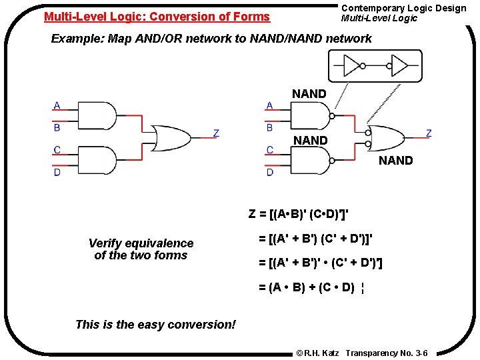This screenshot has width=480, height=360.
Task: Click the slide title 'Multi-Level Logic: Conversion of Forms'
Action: [x=157, y=17]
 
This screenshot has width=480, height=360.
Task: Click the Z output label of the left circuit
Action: [x=215, y=133]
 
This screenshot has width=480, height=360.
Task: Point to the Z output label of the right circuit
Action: [x=428, y=133]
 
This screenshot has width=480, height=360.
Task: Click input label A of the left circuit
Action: [x=57, y=105]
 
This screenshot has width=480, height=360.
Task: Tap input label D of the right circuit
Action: [x=270, y=172]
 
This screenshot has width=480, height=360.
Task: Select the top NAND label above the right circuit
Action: [x=309, y=94]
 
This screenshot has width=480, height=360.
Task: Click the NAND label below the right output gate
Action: [x=396, y=161]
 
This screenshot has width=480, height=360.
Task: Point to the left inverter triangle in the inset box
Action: [x=353, y=66]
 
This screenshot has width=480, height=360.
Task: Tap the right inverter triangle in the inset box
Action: [x=399, y=66]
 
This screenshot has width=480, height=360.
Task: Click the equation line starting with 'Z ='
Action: [x=299, y=214]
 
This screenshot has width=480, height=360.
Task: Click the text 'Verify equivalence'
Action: [x=141, y=243]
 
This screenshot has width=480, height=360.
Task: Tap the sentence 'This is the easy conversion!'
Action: [x=155, y=325]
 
